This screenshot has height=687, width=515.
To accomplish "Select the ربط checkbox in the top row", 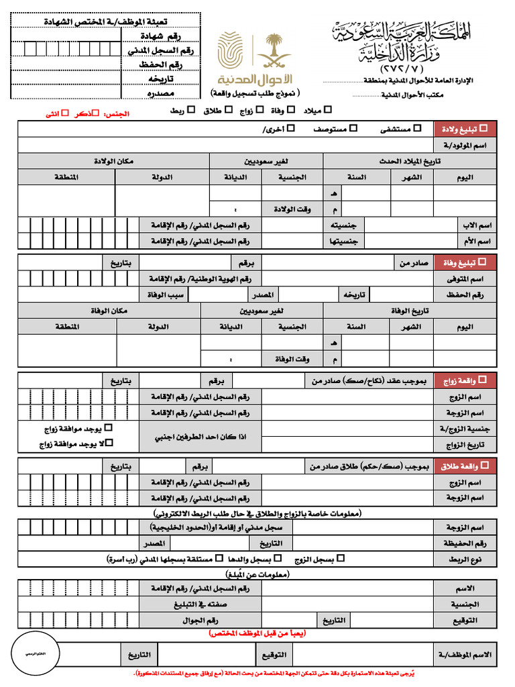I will pyautogui.click(x=191, y=109).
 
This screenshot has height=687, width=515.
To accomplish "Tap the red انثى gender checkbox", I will pyautogui.click(x=64, y=113).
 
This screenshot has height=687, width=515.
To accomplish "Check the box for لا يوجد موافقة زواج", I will pyautogui.click(x=111, y=443).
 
